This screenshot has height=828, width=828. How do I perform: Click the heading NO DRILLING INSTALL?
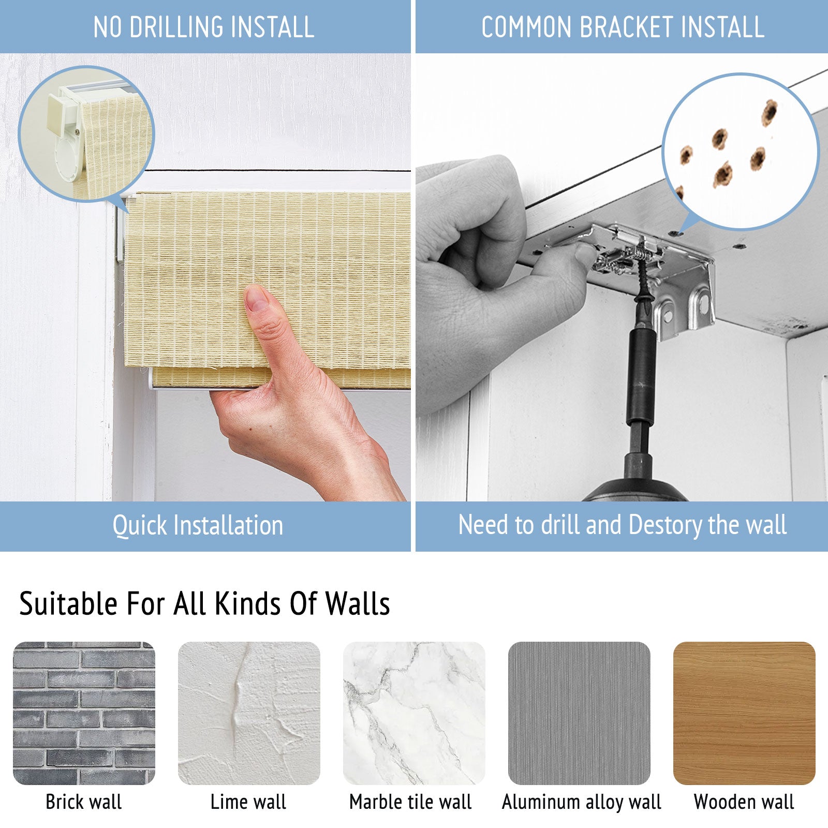(x=204, y=27)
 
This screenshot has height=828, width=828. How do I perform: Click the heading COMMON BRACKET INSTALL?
(x=623, y=27)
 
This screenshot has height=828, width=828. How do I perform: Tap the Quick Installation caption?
(x=198, y=525)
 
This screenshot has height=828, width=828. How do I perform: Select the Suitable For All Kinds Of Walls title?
(x=204, y=603)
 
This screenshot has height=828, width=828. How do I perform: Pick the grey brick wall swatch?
(x=84, y=713)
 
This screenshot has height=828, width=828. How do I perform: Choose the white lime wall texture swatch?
(x=249, y=713)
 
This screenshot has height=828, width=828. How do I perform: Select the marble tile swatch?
(x=414, y=713)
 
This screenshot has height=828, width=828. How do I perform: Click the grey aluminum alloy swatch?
(x=579, y=713)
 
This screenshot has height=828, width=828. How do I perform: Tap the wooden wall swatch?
(x=744, y=713)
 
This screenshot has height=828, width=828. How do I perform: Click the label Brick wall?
(x=84, y=802)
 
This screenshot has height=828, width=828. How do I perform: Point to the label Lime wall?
(x=248, y=802)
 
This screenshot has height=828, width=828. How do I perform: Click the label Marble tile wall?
(x=410, y=802)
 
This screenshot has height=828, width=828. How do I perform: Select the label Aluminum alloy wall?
(x=582, y=802)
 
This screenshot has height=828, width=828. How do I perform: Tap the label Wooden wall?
(x=744, y=802)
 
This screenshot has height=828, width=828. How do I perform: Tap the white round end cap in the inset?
(x=69, y=158)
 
